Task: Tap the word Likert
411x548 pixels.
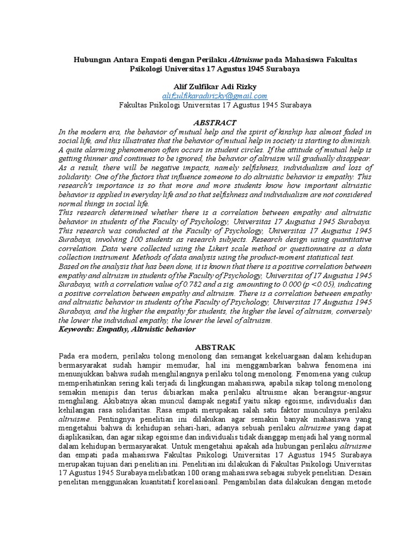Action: click(x=225, y=249)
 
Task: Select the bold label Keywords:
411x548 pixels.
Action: click(x=77, y=330)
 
